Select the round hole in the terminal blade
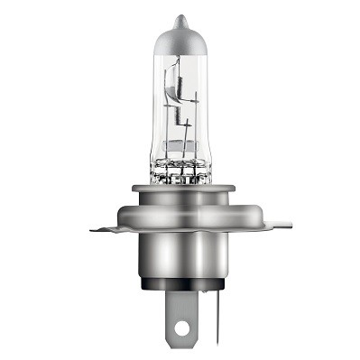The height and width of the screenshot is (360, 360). click(x=184, y=328)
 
